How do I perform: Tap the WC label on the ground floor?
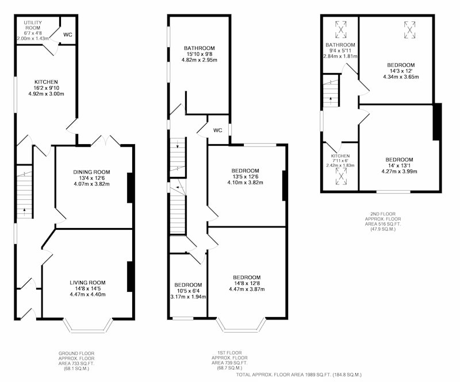[68, 34]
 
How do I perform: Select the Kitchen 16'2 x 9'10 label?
[46, 88]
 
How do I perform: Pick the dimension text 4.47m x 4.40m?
[87, 294]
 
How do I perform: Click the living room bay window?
[88, 326]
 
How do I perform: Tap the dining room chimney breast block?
[131, 188]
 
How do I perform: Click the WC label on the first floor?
[218, 130]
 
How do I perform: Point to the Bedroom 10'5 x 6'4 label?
[188, 291]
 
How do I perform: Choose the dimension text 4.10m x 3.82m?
[246, 182]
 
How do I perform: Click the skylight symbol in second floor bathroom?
[340, 29]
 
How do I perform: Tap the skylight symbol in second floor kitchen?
[341, 176]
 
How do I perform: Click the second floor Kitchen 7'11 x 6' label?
[340, 161]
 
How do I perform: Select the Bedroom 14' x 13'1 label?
[399, 165]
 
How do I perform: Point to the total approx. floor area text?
[299, 375]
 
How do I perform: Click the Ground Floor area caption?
[76, 360]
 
